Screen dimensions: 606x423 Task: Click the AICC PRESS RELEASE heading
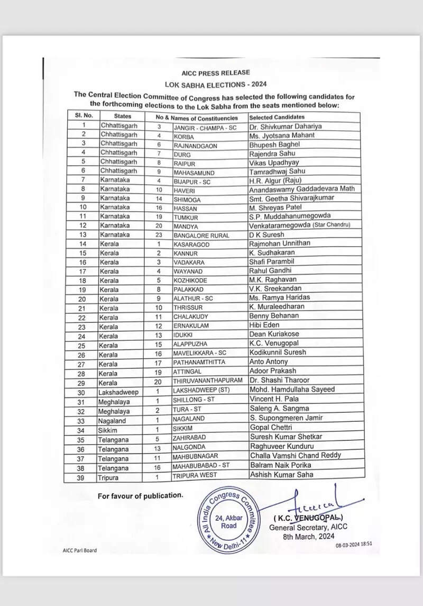pos(216,73)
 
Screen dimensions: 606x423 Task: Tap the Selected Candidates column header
pos(277,117)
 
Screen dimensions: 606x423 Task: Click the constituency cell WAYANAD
pos(188,272)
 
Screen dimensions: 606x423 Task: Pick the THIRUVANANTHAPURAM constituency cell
pos(207,381)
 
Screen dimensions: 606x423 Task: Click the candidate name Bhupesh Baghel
pos(274,144)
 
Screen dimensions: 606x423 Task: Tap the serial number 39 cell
pos(81,477)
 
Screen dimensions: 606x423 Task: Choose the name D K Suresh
pos(266,234)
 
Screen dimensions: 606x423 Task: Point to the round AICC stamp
pos(229,521)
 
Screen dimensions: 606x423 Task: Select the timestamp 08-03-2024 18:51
pos(353,544)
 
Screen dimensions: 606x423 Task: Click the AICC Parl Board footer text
pos(79,550)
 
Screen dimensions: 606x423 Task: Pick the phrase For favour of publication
pos(140,495)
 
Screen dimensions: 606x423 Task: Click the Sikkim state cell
pos(108,428)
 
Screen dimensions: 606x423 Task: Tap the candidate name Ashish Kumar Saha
pos(281,475)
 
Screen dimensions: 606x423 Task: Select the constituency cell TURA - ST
pos(189,409)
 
